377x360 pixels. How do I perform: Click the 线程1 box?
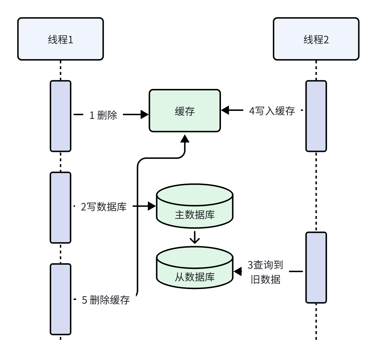pyautogui.click(x=61, y=39)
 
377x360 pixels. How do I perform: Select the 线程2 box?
pyautogui.click(x=316, y=39)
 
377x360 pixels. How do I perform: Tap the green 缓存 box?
pyautogui.click(x=185, y=111)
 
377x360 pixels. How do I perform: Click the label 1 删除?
pyautogui.click(x=103, y=115)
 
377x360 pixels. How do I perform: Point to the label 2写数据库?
pyautogui.click(x=103, y=207)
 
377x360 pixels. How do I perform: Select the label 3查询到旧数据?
pyautogui.click(x=265, y=272)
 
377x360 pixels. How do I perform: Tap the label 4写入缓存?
pyautogui.click(x=272, y=111)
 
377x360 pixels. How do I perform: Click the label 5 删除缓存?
pyautogui.click(x=106, y=300)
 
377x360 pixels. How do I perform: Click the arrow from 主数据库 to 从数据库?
pyautogui.click(x=195, y=237)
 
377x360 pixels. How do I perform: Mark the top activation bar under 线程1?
pyautogui.click(x=61, y=116)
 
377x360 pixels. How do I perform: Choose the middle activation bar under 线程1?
pyautogui.click(x=61, y=207)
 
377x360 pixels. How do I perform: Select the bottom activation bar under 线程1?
pyautogui.click(x=61, y=299)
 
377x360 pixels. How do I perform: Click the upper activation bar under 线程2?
pyautogui.click(x=316, y=116)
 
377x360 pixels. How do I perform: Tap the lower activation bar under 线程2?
pyautogui.click(x=316, y=267)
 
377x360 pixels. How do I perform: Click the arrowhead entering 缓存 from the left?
pyautogui.click(x=145, y=115)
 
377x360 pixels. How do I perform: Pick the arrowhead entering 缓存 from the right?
pyautogui.click(x=225, y=111)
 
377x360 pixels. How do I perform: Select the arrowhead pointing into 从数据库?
pyautogui.click(x=238, y=271)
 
